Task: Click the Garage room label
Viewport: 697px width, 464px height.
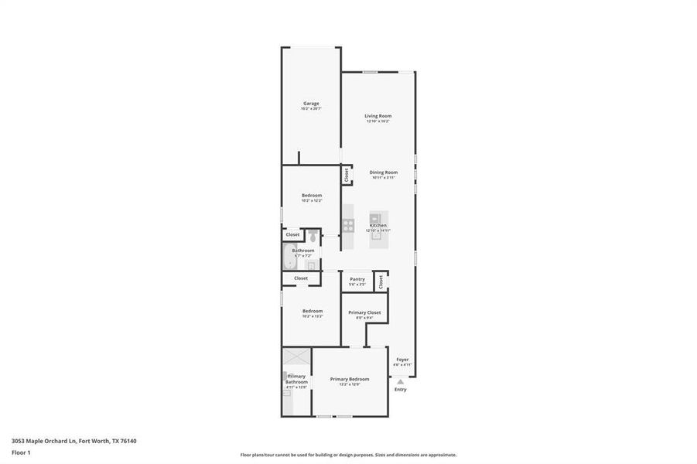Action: point(310,104)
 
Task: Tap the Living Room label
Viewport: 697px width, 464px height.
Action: point(378,116)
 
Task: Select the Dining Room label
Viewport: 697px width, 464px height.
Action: point(383,172)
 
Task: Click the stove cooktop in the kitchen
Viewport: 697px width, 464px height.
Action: point(349,225)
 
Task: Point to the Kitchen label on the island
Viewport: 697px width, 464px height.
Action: point(378,225)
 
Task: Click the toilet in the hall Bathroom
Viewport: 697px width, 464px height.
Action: point(312,236)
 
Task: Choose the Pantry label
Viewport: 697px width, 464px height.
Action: point(357,279)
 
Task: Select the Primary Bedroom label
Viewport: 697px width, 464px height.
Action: point(349,379)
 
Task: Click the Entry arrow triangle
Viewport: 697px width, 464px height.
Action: point(400,381)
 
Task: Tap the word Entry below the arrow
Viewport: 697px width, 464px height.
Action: point(400,389)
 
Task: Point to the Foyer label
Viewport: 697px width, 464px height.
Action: point(402,360)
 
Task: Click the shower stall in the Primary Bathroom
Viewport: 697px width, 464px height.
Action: point(296,357)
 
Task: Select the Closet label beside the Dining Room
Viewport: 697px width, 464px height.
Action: point(347,176)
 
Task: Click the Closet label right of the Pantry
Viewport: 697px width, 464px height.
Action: point(381,282)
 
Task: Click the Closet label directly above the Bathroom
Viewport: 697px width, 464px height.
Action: point(293,234)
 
